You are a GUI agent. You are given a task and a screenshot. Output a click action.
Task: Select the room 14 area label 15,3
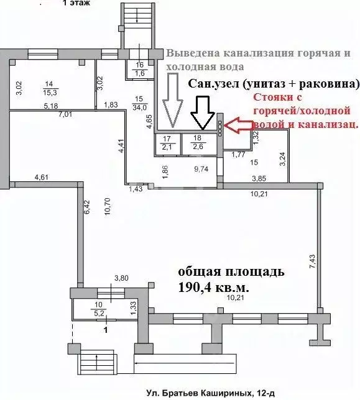(48, 92)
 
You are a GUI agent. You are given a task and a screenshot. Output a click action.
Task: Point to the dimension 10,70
(108, 214)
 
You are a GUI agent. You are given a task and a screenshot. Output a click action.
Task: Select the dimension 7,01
(65, 114)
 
